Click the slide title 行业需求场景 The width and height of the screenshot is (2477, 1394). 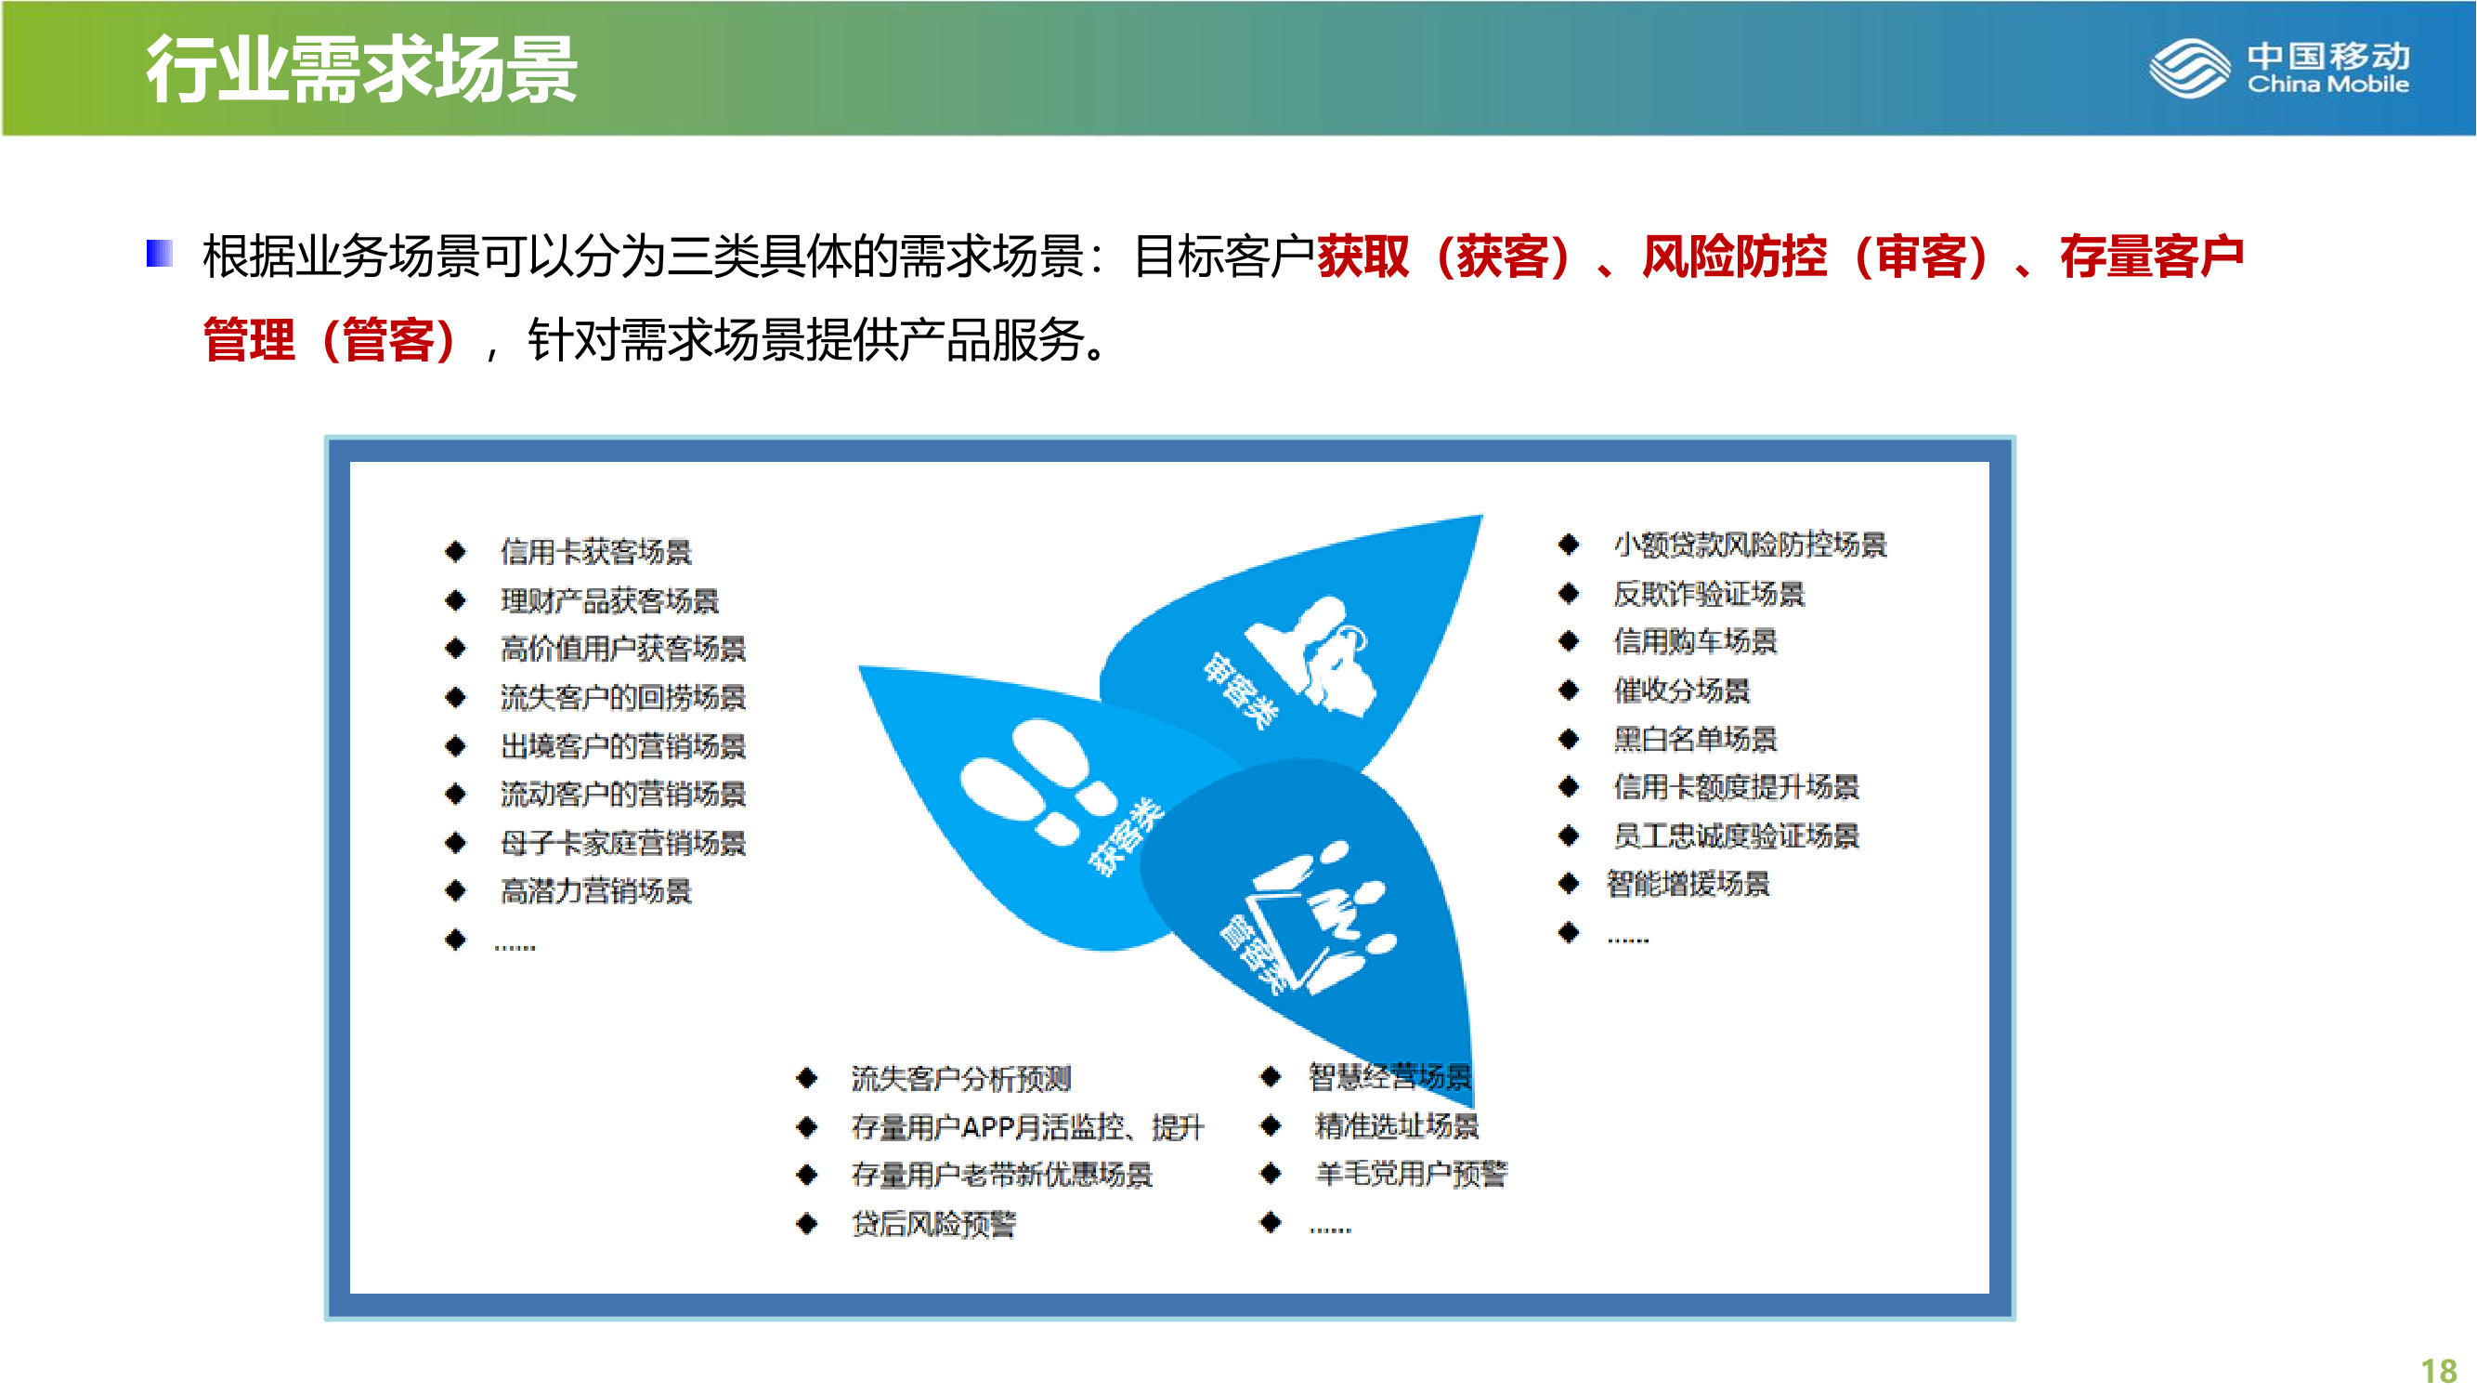tap(361, 70)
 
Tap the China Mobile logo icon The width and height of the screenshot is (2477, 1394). tap(2189, 67)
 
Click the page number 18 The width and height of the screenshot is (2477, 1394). tap(2439, 1371)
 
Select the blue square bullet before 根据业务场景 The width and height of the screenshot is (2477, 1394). tap(160, 253)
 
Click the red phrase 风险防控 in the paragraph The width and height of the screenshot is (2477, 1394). tap(1734, 256)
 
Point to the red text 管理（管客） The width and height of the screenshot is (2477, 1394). tap(331, 339)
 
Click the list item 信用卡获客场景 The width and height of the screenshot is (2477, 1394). tap(596, 551)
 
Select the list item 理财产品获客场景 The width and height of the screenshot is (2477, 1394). tap(609, 600)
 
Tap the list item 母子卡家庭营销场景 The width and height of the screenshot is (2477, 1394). tap(623, 843)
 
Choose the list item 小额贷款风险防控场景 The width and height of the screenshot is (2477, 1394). tap(1750, 545)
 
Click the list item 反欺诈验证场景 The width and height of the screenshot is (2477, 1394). tap(1709, 594)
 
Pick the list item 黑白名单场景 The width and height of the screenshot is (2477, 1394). tap(1695, 739)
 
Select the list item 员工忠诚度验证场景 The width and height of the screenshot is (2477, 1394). tap(1737, 835)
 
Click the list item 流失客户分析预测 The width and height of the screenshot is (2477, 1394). tap(961, 1078)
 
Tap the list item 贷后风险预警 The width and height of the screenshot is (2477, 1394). tap(933, 1224)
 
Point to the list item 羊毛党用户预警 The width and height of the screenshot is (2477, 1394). tap(1412, 1174)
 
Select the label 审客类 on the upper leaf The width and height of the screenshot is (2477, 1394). tap(1242, 690)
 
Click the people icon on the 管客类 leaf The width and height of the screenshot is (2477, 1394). tap(1323, 916)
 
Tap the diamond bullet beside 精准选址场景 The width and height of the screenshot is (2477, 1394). tap(1271, 1125)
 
